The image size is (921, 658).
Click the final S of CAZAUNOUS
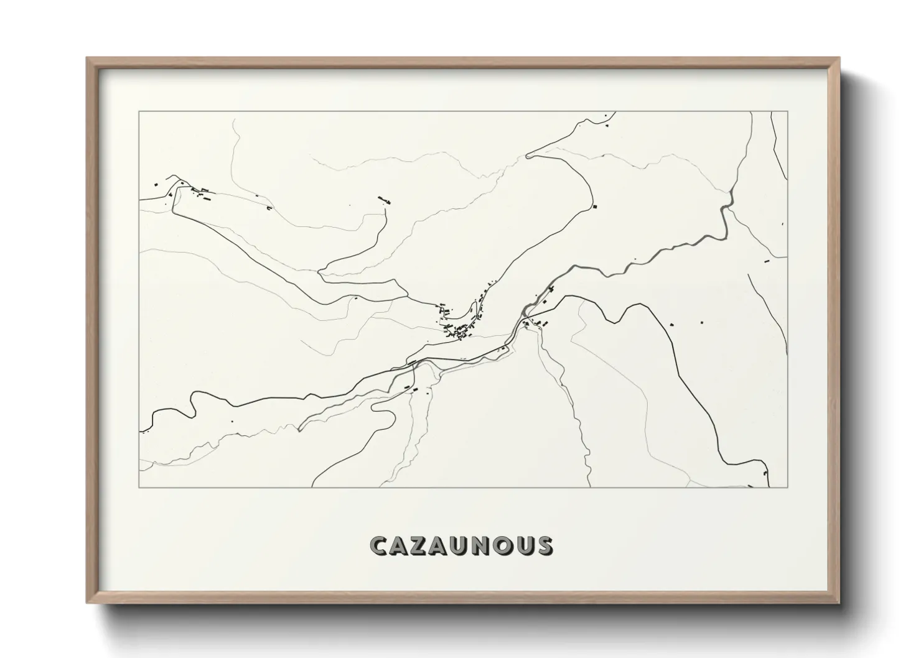click(543, 546)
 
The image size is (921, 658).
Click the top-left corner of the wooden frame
click(87, 58)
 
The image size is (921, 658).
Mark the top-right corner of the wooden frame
click(838, 58)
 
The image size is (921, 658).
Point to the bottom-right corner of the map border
click(787, 487)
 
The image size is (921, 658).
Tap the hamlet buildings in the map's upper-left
click(199, 192)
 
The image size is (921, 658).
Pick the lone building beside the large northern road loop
click(594, 206)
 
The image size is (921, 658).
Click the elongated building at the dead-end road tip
click(383, 199)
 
